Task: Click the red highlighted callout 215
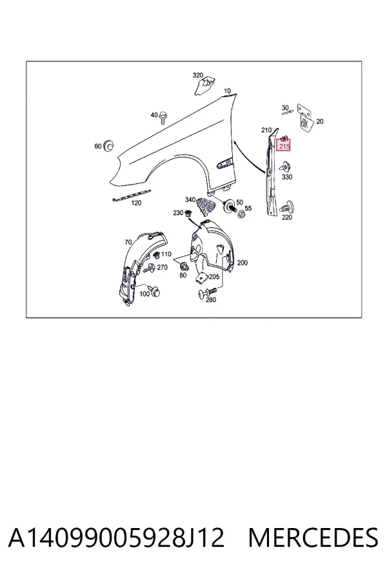tap(284, 145)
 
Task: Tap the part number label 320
tap(198, 76)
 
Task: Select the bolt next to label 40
tap(163, 118)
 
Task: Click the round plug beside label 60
tap(108, 146)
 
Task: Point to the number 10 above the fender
tap(227, 91)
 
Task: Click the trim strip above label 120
tap(132, 194)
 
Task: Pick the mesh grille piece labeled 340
tap(205, 206)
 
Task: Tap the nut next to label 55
tap(241, 214)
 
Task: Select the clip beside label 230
tap(188, 213)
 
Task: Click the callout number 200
tap(243, 263)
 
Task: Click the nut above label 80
tap(183, 266)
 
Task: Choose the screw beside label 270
tap(149, 269)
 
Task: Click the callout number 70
tap(128, 242)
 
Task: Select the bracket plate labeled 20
tap(305, 118)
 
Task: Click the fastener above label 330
tap(286, 167)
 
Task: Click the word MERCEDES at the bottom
tap(313, 538)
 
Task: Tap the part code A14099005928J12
tap(116, 538)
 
